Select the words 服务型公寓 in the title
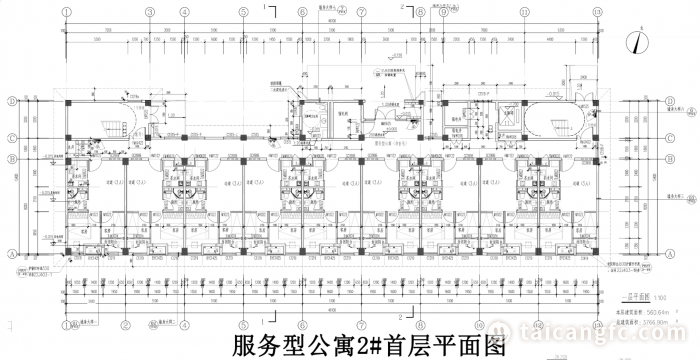pyautogui.click(x=290, y=345)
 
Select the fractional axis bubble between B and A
pyautogui.click(x=11, y=190)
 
